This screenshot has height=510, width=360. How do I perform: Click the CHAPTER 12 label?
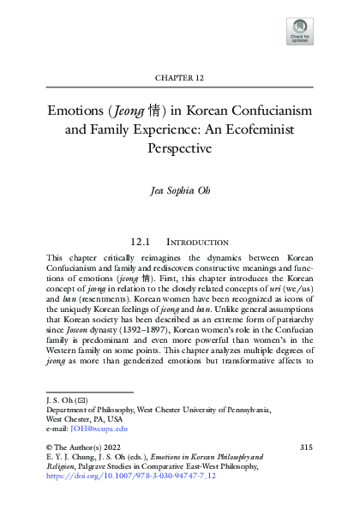179,77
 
